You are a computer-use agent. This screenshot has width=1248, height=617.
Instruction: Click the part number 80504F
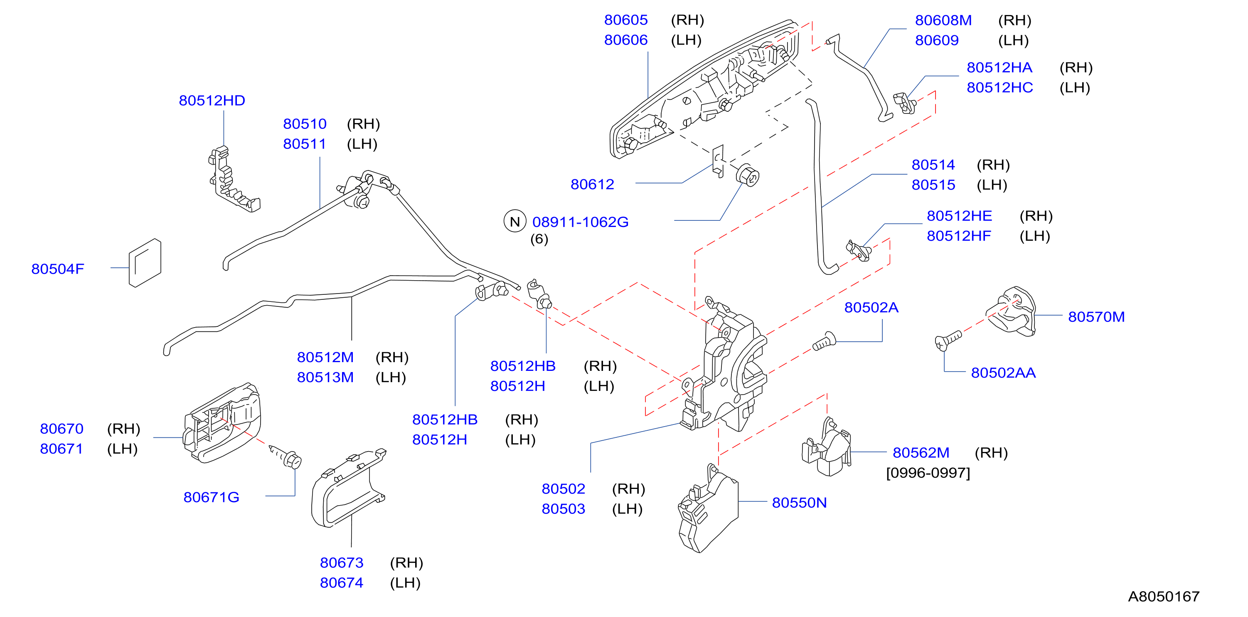point(58,269)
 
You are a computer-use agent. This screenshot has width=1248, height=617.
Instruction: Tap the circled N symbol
point(514,222)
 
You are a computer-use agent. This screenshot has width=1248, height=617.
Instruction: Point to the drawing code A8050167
point(1164,596)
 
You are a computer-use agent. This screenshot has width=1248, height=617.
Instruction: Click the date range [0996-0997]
point(928,473)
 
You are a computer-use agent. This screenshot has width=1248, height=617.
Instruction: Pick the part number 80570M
point(1096,317)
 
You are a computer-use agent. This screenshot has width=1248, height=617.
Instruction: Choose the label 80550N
point(800,503)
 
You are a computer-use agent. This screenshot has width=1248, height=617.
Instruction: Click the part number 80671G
point(211,497)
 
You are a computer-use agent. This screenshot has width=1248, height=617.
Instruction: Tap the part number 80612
point(592,184)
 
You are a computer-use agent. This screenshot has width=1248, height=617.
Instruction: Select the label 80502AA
point(1003,373)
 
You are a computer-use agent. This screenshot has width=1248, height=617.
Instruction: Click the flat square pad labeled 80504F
point(145,263)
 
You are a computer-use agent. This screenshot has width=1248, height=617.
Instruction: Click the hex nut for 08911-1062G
point(748,175)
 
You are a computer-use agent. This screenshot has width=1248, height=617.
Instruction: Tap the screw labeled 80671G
point(286,456)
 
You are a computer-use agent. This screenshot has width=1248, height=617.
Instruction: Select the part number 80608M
point(943,20)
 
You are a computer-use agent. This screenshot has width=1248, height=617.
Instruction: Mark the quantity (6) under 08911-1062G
point(539,239)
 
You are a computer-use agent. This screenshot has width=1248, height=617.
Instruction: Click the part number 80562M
point(921,453)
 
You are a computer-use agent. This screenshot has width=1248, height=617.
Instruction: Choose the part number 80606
point(625,40)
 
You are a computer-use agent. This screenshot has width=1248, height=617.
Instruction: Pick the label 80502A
point(871,308)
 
